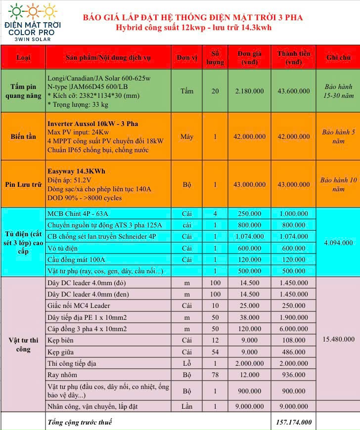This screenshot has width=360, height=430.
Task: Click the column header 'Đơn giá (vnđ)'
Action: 250,58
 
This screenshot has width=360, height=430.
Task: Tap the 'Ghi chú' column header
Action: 338,58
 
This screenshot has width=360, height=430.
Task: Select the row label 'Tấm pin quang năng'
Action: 23,91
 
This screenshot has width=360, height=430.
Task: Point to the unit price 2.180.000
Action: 250,91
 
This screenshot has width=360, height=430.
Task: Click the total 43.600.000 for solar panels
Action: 293,91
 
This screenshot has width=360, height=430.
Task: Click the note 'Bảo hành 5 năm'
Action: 338,136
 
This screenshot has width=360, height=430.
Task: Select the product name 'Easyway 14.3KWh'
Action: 76,172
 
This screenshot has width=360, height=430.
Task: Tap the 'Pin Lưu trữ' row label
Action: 23,184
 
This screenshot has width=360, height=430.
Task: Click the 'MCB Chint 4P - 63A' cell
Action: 78,214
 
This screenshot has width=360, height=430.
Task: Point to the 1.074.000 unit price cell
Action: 250,237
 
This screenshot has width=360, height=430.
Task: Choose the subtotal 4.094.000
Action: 338,243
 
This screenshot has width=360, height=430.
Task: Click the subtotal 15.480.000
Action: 338,339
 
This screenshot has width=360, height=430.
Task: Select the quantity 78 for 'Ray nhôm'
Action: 215,375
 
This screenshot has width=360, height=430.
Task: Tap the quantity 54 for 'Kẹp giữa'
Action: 215,352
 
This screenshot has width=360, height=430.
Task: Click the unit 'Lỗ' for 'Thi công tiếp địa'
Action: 186,363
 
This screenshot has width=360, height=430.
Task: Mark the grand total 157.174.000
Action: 294,422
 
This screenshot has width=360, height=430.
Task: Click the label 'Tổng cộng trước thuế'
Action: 80,422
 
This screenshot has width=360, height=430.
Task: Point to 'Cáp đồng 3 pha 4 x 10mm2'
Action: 87,329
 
